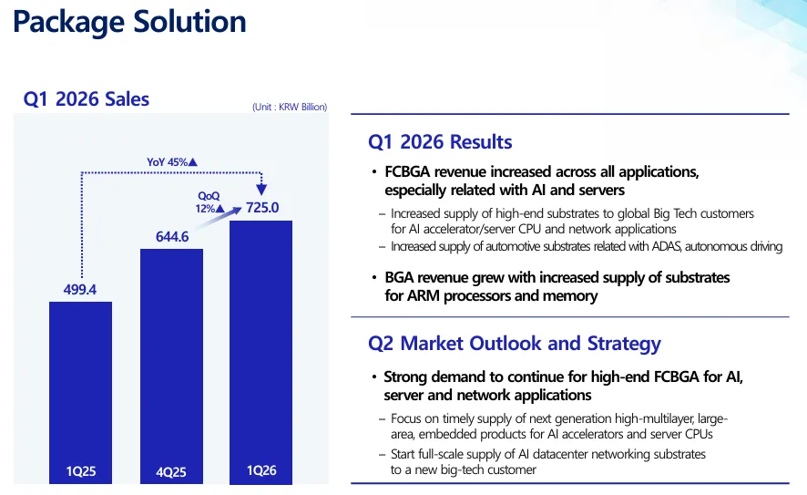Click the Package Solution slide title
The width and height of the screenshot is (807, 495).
coord(129,22)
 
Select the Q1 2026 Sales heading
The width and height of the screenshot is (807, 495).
coord(86,98)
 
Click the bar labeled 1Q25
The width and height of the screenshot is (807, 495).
coord(80,393)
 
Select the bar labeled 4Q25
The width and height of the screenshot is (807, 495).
coord(171,366)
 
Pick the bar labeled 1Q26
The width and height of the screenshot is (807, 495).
coord(260,352)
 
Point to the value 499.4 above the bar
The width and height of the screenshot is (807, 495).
coord(80,290)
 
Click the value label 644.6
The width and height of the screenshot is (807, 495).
coord(172,237)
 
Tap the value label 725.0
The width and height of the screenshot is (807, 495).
coord(262,208)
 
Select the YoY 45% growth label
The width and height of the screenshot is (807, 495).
coord(172,162)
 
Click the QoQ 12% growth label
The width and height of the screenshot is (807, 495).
coord(210,202)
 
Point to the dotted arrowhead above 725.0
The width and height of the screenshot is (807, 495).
coord(261,190)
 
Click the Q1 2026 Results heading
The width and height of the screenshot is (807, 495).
coord(440,141)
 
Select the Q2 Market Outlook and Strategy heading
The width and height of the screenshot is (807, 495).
coord(515,344)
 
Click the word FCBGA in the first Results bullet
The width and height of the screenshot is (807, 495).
coord(407,171)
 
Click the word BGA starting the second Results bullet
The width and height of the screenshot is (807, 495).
coord(399,278)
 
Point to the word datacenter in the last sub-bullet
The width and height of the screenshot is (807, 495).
coord(561,454)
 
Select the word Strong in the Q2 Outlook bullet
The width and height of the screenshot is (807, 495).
coord(405,377)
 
